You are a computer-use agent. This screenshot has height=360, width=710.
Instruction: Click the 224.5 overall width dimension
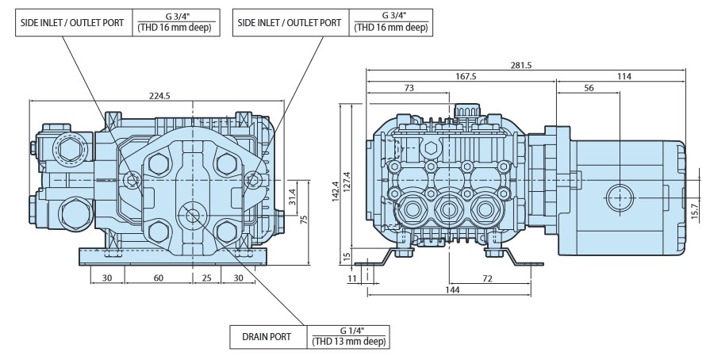[x=159, y=94]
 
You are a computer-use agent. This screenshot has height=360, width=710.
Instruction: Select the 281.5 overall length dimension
[x=526, y=64]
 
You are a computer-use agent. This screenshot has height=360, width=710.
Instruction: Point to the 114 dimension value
[x=621, y=76]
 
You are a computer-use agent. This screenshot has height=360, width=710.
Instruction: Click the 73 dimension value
[x=409, y=88]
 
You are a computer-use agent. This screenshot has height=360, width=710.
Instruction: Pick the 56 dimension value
[x=589, y=88]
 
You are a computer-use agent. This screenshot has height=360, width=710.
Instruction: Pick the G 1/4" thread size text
[x=349, y=331]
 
